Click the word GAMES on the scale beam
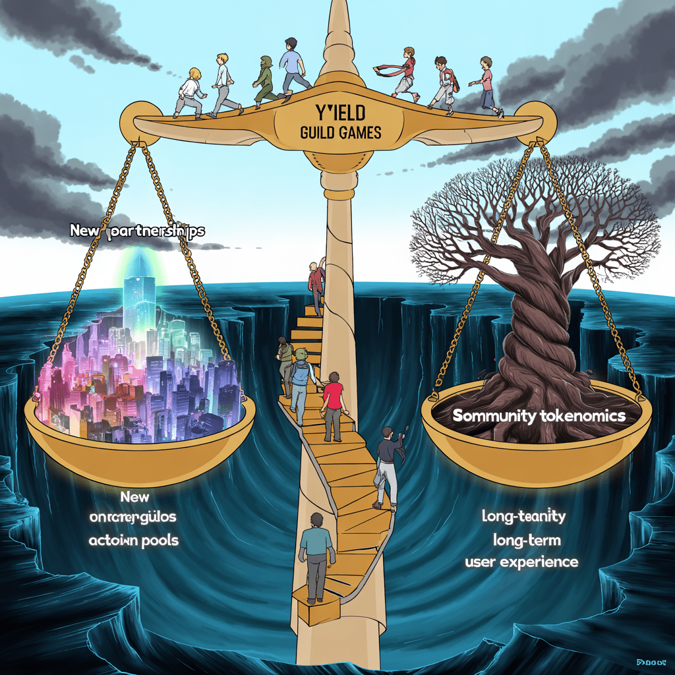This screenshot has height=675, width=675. (x=359, y=133)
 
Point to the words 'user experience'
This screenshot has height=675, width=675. (x=521, y=562)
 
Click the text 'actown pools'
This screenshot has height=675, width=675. (x=134, y=540)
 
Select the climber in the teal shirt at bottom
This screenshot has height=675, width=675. (x=316, y=550)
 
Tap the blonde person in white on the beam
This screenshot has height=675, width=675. (x=191, y=91)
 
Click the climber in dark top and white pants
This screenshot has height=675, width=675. (x=388, y=465)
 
